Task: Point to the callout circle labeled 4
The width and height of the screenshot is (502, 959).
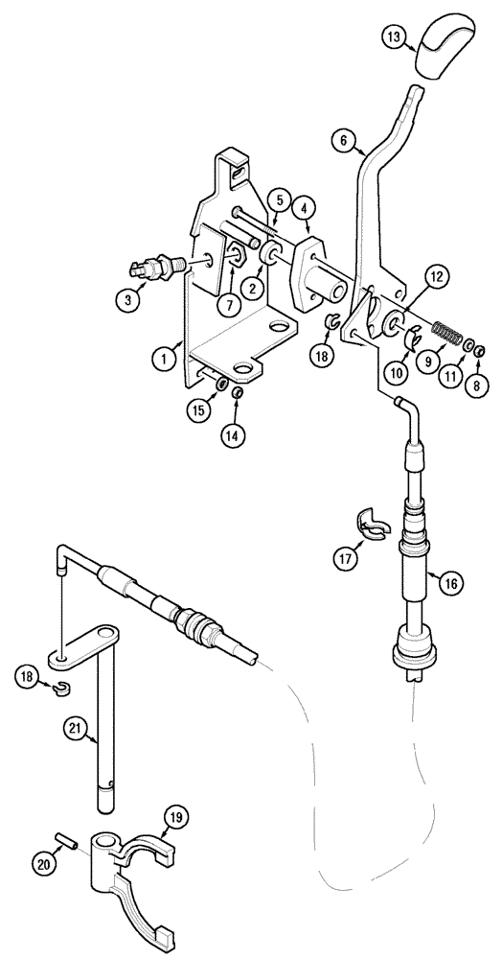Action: pos(303,206)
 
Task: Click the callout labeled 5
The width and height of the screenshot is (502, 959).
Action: pos(277,199)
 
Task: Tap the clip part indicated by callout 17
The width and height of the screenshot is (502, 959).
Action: pos(367,523)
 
